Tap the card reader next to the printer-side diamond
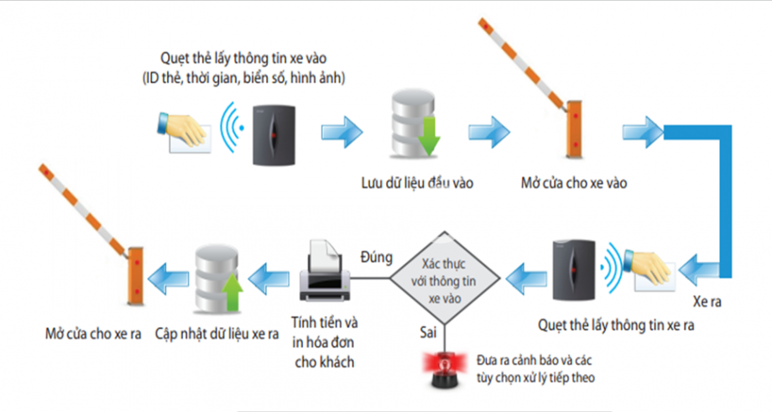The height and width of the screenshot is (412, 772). coord(574,271)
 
